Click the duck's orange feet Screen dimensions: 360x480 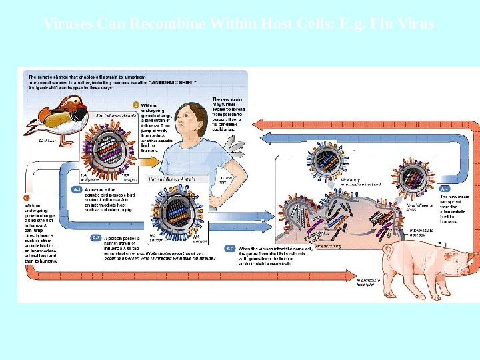(65, 143)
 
